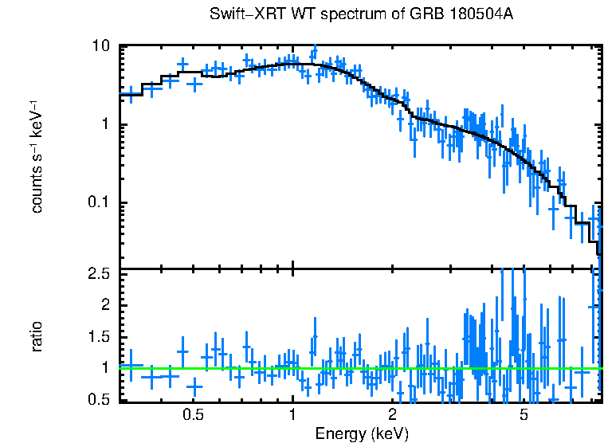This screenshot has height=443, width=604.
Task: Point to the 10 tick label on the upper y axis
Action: click(100, 46)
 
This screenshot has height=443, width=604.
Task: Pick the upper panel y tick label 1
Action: click(104, 125)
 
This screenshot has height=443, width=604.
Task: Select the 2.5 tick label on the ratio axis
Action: click(99, 275)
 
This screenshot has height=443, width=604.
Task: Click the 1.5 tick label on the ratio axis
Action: click(99, 337)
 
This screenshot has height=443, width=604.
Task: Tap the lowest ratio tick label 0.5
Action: click(99, 399)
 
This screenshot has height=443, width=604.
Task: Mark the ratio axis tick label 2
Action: click(104, 306)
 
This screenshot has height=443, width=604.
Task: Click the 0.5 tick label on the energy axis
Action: click(194, 416)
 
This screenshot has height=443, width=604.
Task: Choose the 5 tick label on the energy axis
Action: click(524, 416)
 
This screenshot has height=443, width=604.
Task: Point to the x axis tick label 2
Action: click(392, 416)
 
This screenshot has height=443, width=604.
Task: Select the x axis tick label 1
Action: click(292, 416)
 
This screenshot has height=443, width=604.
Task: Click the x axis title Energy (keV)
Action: click(362, 433)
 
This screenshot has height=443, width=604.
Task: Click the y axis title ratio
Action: click(37, 336)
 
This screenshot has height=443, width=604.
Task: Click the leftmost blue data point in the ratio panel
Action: click(131, 366)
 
